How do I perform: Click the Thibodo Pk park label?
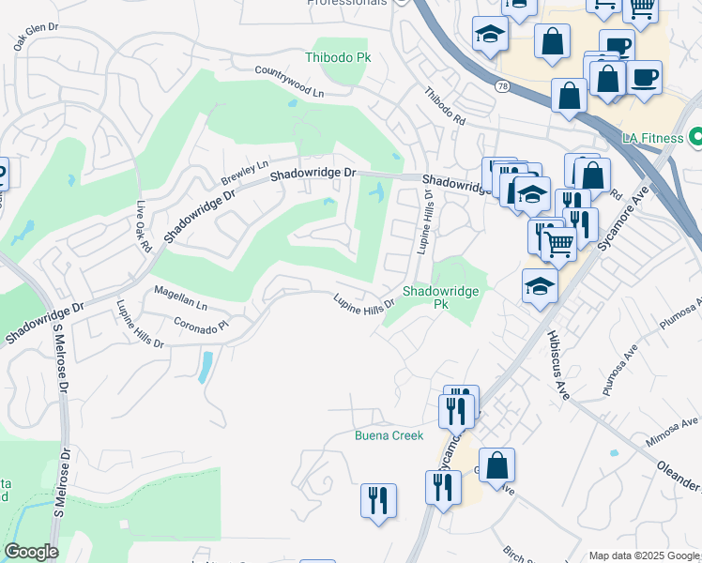(338, 58)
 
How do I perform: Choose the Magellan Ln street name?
(180, 298)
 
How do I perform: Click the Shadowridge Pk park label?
(441, 297)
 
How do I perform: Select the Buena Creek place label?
(389, 435)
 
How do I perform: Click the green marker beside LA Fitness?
(695, 138)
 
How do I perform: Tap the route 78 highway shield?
(502, 85)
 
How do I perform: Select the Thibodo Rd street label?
(444, 107)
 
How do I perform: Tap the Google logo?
(31, 552)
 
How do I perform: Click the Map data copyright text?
(644, 555)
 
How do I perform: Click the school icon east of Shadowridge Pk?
(540, 287)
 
